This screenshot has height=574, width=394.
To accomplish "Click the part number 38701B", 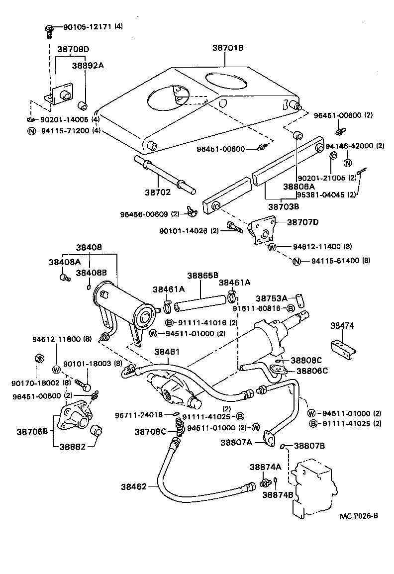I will point(228,48).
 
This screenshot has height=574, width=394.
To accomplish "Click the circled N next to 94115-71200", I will point(31,131).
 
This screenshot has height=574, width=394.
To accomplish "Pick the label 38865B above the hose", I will point(202,275).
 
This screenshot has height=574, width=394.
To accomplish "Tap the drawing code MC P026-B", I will point(359,516).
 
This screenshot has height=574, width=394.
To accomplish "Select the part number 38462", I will point(134,486).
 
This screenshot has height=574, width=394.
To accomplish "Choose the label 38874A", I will point(265,467).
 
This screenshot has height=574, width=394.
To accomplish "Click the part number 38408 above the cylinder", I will point(89,247).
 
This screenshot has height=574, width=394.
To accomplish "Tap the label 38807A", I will point(236,442).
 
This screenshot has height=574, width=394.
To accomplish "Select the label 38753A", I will point(272,298).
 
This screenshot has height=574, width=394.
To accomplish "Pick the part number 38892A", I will point(88,65).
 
